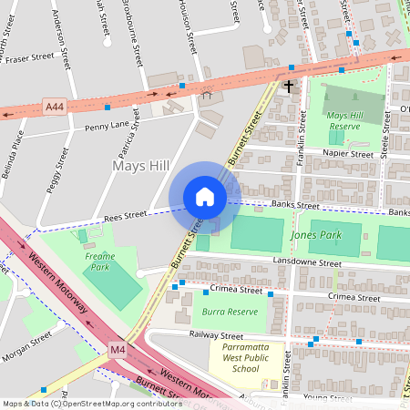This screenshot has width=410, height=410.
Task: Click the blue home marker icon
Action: click(x=205, y=197)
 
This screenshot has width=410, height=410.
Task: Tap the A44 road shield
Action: click(x=55, y=108)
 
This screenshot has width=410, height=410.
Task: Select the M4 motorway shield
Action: click(x=118, y=349)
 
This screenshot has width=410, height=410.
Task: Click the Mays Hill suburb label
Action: click(x=140, y=165)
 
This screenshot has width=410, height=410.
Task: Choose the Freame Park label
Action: click(x=100, y=262)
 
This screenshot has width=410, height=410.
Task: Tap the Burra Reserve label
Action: click(x=229, y=311)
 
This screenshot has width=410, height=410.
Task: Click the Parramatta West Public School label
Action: click(x=245, y=357)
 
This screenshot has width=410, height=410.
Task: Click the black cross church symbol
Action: click(x=289, y=87)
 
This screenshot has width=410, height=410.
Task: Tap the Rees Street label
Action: click(x=125, y=216)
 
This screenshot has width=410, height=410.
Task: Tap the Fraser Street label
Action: click(x=29, y=56)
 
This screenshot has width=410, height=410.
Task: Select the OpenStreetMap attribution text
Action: click(x=91, y=403)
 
